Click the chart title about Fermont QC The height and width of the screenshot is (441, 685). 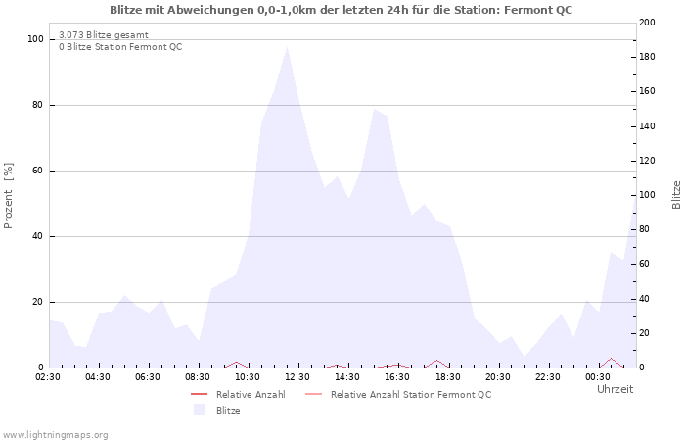342,10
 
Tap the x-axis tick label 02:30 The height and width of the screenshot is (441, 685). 49,376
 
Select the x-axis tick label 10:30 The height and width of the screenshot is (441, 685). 248,376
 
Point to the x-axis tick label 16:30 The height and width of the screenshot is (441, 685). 397,376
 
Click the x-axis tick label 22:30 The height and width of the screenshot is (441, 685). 547,376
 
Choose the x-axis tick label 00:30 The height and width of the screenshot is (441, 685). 597,376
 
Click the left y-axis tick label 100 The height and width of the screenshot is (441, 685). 36,39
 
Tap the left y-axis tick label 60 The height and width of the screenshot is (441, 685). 39,171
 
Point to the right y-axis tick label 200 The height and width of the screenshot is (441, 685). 648,23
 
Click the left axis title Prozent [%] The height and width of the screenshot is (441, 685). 9,195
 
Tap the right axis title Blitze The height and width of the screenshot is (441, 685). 676,195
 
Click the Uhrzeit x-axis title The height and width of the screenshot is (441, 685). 615,389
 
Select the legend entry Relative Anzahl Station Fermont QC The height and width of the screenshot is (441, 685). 411,394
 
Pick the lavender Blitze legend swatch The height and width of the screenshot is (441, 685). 200,410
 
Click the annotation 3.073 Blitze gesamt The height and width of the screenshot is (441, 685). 104,34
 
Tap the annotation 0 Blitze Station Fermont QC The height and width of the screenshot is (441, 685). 120,46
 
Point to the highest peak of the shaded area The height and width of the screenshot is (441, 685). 287,47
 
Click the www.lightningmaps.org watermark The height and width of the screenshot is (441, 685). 55,434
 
